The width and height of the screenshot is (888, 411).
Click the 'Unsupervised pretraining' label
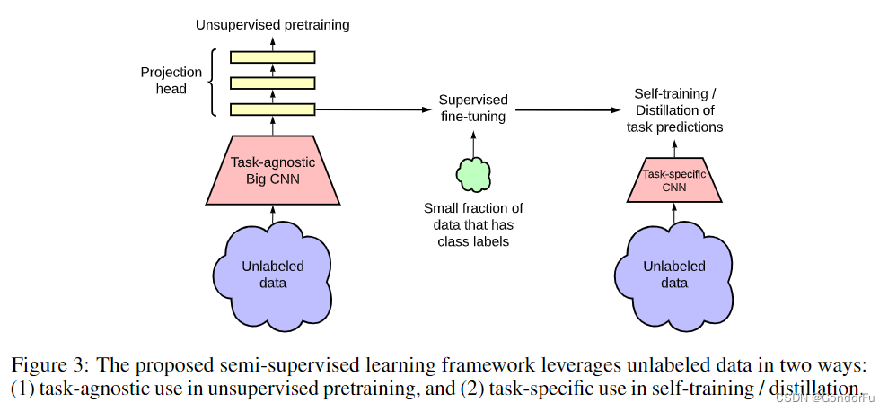[x=272, y=25]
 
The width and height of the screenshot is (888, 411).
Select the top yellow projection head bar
[x=273, y=57]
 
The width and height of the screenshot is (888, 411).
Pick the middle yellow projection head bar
[x=273, y=83]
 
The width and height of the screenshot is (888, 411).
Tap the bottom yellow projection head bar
[x=273, y=109]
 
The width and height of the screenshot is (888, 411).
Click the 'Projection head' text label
[x=171, y=81]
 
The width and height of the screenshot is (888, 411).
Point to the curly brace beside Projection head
[x=213, y=83]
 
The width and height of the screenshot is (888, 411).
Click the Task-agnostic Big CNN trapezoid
[x=272, y=170]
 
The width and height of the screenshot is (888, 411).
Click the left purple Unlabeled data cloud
[x=272, y=273]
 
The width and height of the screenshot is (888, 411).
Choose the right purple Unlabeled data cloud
[x=673, y=273]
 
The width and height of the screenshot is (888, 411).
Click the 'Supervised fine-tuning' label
[x=472, y=108]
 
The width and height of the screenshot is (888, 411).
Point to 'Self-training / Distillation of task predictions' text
[x=674, y=110]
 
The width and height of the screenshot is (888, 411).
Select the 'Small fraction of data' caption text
[x=473, y=223]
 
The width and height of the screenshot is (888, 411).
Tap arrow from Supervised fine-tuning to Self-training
[x=566, y=109]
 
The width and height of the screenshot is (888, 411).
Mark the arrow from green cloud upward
[x=473, y=140]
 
